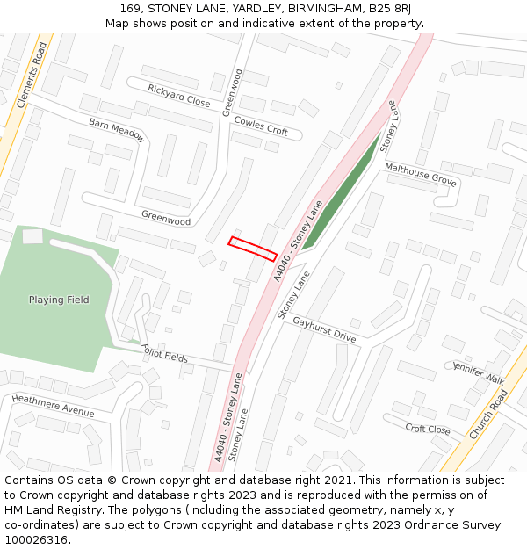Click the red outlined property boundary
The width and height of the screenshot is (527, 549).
click(x=253, y=249)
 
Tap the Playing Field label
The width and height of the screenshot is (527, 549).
click(x=59, y=300)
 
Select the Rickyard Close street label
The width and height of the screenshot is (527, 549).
click(x=179, y=96)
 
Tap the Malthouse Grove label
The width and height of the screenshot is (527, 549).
click(x=421, y=173)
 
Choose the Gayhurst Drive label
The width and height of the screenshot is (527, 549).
click(x=324, y=329)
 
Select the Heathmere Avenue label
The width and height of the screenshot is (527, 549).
click(x=53, y=406)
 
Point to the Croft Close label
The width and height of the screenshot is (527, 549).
click(x=428, y=429)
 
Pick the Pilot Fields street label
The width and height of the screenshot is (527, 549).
click(x=165, y=353)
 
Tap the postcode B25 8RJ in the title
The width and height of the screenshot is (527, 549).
click(x=402, y=9)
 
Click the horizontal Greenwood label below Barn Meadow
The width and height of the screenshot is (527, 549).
click(x=166, y=217)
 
